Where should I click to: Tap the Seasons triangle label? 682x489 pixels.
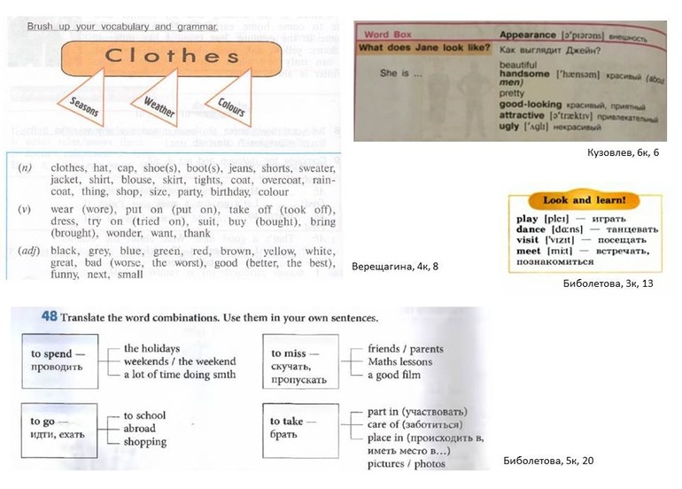click(85, 110)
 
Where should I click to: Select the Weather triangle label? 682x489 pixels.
click(159, 107)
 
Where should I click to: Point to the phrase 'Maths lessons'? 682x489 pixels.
click(400, 361)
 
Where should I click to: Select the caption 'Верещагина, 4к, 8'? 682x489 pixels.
click(395, 266)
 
